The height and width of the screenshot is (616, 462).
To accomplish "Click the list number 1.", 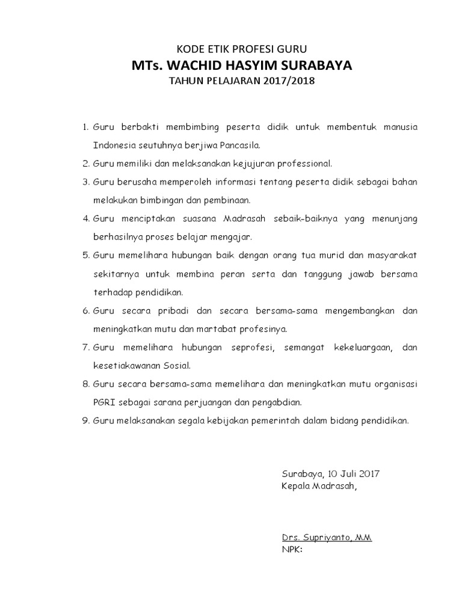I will tap(85, 128).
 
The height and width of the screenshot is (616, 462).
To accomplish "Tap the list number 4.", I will tap(85, 217).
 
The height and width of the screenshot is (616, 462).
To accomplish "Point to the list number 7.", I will tap(85, 348).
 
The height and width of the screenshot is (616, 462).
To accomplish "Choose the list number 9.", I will tap(85, 421).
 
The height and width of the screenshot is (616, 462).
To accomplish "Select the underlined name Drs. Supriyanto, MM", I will tap(326, 537).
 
